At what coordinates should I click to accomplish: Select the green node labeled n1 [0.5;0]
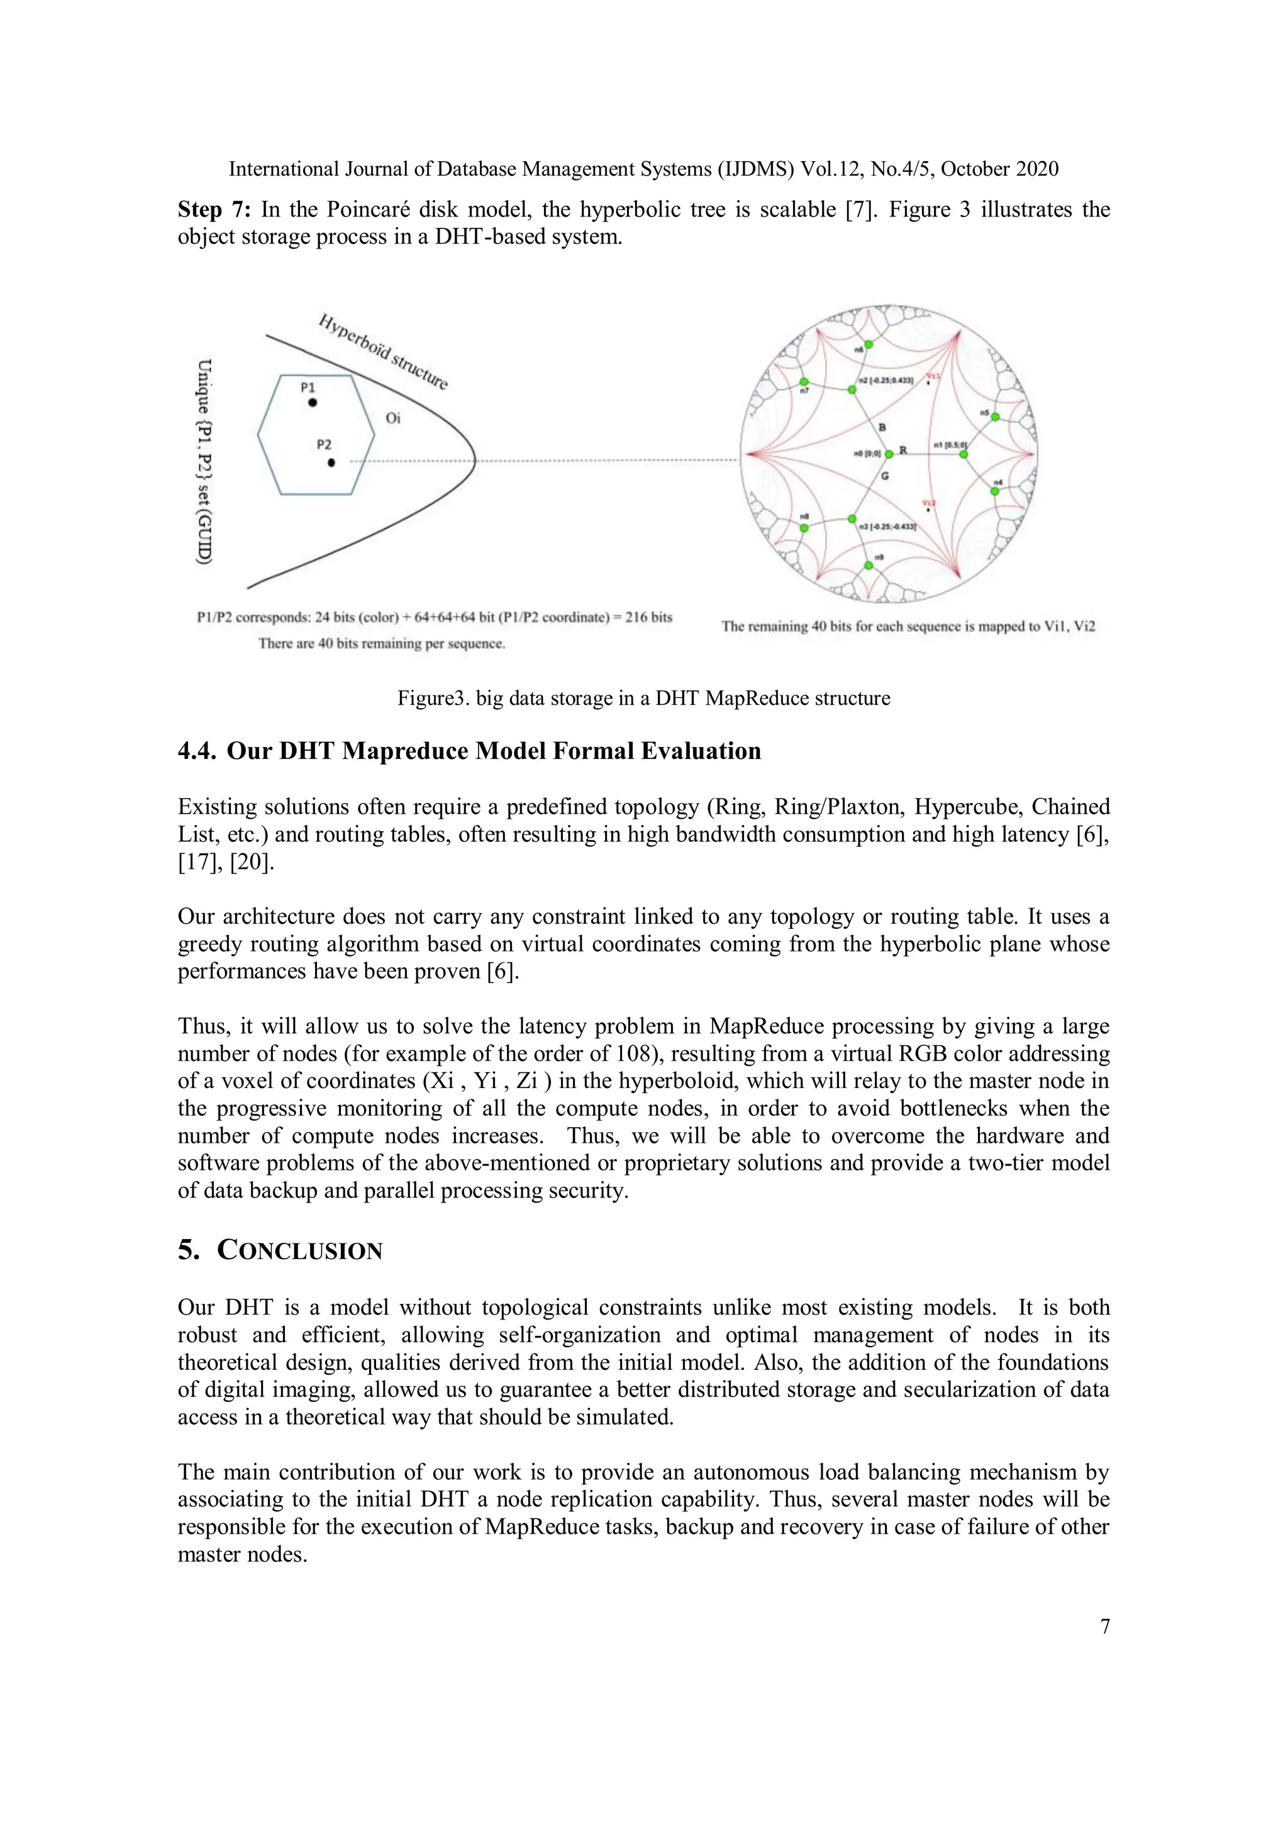(x=963, y=454)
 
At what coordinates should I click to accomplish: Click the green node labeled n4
(x=994, y=491)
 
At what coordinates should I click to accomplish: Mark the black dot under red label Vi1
(x=928, y=383)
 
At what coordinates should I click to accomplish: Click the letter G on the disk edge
(x=885, y=476)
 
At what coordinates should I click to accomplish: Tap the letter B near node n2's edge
(x=882, y=428)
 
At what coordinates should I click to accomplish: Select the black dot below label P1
(x=313, y=403)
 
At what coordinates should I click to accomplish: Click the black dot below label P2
(x=331, y=462)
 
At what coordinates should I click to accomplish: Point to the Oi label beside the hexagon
(x=393, y=418)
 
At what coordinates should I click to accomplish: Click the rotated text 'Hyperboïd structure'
(x=383, y=352)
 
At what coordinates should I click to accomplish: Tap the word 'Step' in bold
(x=199, y=210)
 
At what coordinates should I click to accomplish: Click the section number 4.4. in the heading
(x=196, y=751)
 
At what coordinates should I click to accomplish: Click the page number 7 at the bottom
(x=1105, y=1627)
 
